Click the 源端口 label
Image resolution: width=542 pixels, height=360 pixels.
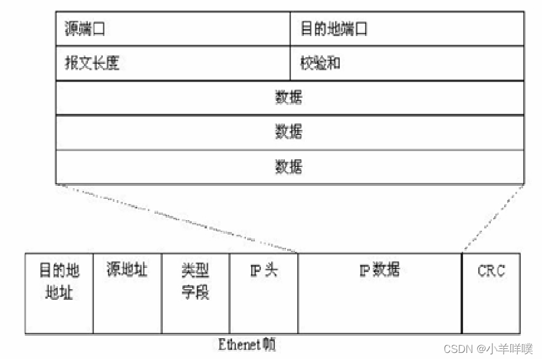coord(85,28)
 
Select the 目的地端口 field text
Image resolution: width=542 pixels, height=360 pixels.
coord(334,28)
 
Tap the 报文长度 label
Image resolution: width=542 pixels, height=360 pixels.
coord(92,63)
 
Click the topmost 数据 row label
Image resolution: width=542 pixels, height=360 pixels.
coord(289,97)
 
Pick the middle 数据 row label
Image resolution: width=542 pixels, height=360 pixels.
coord(289,132)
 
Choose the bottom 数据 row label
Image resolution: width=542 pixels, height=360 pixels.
coord(289,166)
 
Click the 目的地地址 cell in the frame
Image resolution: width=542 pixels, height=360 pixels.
coord(59,282)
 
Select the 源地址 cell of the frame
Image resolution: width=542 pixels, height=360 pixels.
coord(127,271)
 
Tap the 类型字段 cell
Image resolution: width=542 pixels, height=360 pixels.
coord(195,282)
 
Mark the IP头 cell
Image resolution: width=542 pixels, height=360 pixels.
coord(264,271)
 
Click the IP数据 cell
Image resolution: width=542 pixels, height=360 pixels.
coord(379,271)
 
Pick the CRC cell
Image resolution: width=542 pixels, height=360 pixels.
coord(491,271)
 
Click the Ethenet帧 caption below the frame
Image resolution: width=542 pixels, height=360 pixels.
coord(247,344)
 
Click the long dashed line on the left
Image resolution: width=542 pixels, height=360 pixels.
coord(177,218)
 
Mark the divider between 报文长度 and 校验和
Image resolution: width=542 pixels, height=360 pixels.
coord(290,63)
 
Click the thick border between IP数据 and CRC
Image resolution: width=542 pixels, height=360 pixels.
coord(462,293)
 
